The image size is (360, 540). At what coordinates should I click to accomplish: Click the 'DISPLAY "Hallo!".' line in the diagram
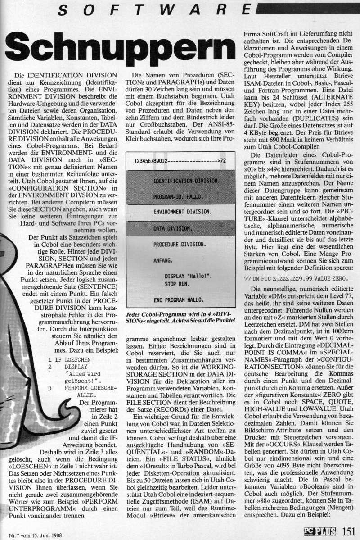tap(189, 276)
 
